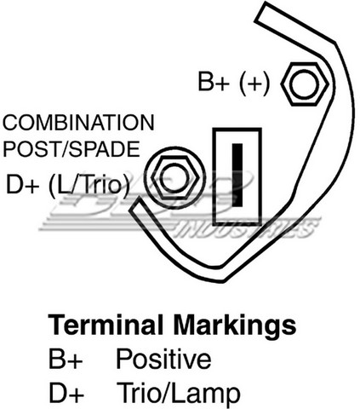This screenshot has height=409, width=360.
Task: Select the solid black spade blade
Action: click(x=237, y=175)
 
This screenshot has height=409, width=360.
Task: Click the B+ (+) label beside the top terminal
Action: click(x=233, y=82)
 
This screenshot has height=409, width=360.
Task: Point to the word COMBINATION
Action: click(x=78, y=123)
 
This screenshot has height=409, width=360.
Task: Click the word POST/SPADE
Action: click(x=71, y=149)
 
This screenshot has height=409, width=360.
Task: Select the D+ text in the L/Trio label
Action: click(x=23, y=184)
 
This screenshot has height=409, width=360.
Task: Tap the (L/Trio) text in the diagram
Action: click(x=89, y=185)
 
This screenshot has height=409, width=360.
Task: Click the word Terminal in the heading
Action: click(x=106, y=325)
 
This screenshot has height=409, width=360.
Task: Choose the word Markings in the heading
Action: click(x=235, y=325)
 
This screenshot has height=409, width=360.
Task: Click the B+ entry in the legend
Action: click(x=66, y=359)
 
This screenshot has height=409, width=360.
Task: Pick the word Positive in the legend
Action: click(x=163, y=359)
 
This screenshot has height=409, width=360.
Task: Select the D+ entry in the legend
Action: click(x=66, y=392)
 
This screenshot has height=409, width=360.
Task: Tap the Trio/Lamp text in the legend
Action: click(x=179, y=393)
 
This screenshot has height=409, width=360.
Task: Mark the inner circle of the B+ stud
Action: click(x=306, y=84)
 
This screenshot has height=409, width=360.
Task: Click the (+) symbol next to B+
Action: click(x=254, y=83)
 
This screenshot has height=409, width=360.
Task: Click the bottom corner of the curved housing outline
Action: click(x=224, y=282)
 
